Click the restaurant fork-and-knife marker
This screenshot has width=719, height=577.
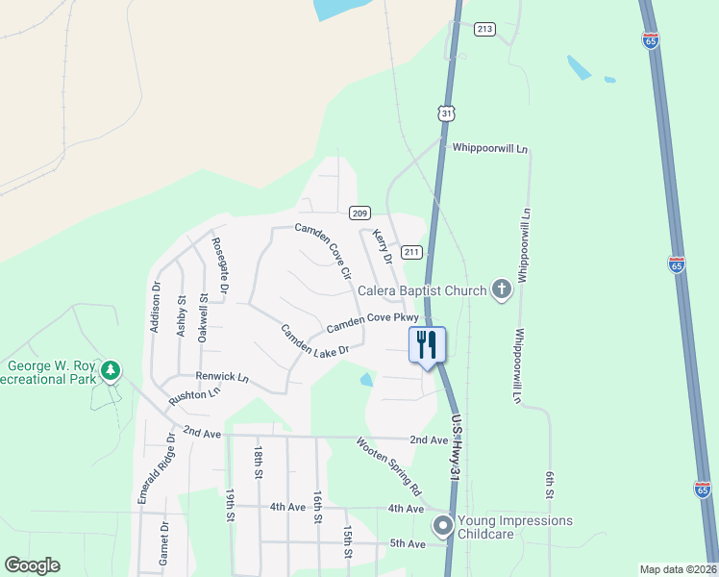428,344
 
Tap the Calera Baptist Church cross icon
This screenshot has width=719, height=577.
500,289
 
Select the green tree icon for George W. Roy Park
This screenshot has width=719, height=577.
112,369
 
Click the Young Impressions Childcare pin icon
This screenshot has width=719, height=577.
442,525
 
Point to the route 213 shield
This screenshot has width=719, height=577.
484,29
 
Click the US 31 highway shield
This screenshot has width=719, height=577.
445,113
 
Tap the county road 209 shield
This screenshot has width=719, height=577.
359,213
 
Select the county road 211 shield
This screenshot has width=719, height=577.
411,252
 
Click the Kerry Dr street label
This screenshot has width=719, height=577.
383,246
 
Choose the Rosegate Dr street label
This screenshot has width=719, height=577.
220,264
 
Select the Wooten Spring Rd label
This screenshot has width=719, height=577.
389,466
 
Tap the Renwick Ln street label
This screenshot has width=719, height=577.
222,376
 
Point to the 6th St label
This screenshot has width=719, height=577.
551,485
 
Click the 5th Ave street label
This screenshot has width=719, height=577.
407,543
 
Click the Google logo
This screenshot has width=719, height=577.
32,565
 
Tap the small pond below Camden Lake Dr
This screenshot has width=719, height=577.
366,380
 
